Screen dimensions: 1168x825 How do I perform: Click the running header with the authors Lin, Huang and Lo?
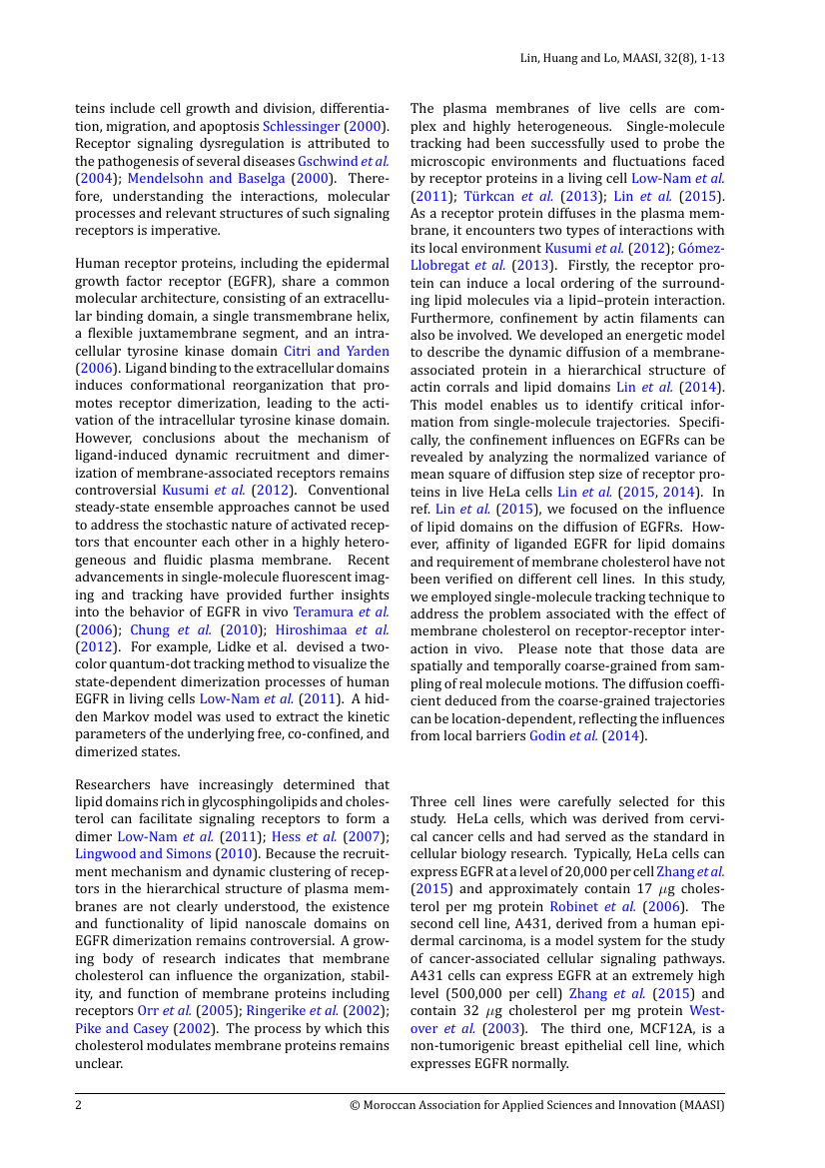[x=622, y=58]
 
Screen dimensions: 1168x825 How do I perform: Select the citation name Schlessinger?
[x=301, y=126]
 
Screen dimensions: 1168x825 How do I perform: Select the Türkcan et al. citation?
[x=511, y=196]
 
